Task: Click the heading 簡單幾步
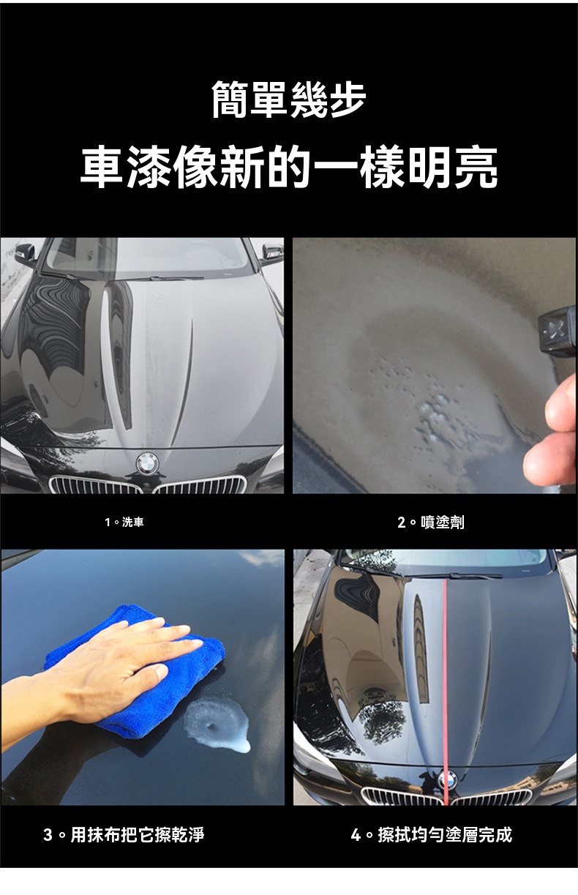point(289,100)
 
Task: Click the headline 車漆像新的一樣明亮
point(289,168)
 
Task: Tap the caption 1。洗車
point(124,522)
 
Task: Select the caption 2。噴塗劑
point(431,522)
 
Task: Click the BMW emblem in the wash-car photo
point(147,463)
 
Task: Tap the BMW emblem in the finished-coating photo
point(448,780)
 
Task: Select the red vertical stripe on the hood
point(446,692)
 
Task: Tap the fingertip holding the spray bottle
point(561,403)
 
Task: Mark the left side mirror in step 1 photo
point(25,253)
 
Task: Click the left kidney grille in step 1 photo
point(95,484)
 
